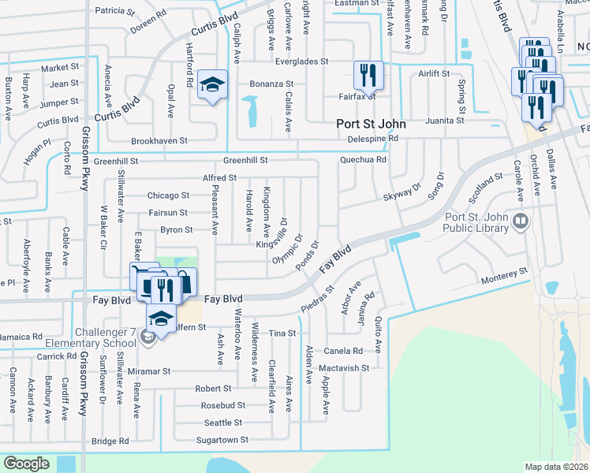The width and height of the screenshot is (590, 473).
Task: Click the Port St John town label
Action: pos(371,124)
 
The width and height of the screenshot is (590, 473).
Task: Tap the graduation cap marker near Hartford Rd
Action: pos(211,84)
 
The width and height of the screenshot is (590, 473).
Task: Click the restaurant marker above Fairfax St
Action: pos(368,76)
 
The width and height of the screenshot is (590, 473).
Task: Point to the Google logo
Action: pos(26,464)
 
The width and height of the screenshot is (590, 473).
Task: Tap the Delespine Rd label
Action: pos(373,139)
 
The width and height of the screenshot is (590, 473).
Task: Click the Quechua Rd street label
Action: pos(363,159)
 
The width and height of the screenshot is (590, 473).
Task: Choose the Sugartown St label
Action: pos(222,440)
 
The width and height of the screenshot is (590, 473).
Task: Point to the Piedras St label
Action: pos(317,304)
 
